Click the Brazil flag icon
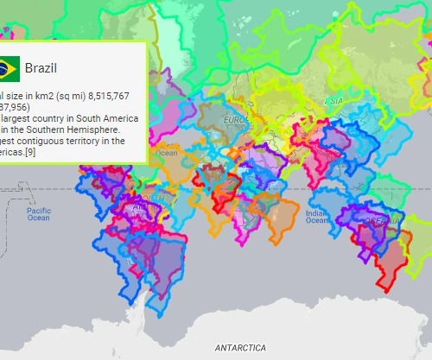click(9, 66)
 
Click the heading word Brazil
click(41, 67)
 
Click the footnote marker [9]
click(35, 152)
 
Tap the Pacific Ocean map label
click(39, 213)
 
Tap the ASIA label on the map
click(335, 101)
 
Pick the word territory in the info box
click(101, 141)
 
